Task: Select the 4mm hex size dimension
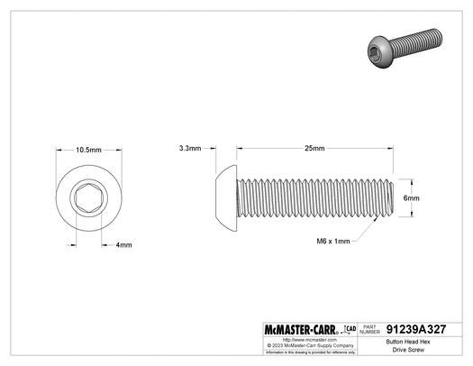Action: [124, 245]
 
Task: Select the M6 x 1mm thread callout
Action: [331, 241]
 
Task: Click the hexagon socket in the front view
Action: [87, 197]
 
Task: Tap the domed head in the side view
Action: [229, 197]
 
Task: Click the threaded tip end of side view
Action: [389, 197]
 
